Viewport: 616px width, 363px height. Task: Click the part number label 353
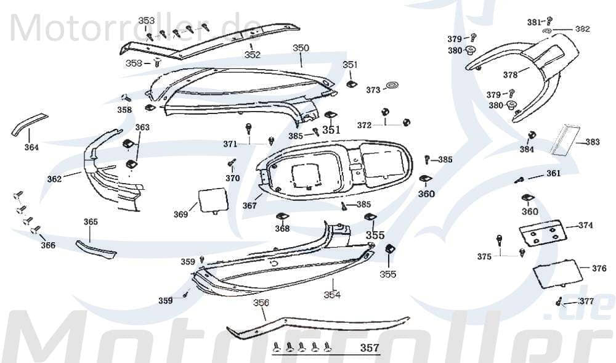pyautogui.click(x=146, y=20)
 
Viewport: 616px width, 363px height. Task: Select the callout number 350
pyautogui.click(x=301, y=47)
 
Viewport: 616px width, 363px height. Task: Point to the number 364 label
pyautogui.click(x=31, y=147)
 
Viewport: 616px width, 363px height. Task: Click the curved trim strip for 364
pyautogui.click(x=27, y=123)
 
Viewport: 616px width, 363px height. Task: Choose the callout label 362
pyautogui.click(x=55, y=179)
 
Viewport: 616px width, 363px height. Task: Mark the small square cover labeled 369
pyautogui.click(x=211, y=200)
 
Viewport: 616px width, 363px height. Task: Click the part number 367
pyautogui.click(x=249, y=206)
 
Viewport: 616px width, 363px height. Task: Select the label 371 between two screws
pyautogui.click(x=230, y=144)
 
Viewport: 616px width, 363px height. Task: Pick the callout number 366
pyautogui.click(x=48, y=245)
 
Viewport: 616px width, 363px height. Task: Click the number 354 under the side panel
pyautogui.click(x=332, y=295)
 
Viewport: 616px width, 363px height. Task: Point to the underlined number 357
pyautogui.click(x=370, y=348)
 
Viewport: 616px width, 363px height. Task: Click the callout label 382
pyautogui.click(x=582, y=29)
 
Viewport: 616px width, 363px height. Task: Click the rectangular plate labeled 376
pyautogui.click(x=557, y=274)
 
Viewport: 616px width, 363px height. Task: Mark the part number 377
pyautogui.click(x=586, y=301)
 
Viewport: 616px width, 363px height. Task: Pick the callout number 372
pyautogui.click(x=365, y=125)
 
